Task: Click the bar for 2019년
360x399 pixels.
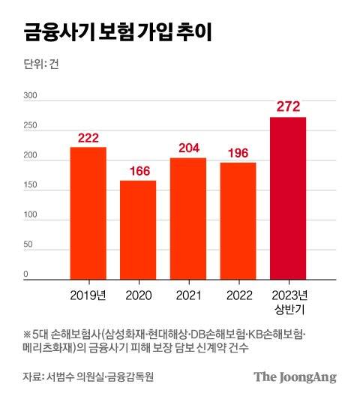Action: [88, 213]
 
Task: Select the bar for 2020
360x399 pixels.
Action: [138, 229]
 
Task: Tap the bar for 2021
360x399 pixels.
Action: [187, 218]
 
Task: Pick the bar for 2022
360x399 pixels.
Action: [238, 220]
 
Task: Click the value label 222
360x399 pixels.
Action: [88, 136]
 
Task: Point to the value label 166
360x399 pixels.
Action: [138, 170]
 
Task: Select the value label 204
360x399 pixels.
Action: [187, 148]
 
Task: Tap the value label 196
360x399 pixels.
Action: [238, 152]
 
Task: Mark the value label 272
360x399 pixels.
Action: [288, 106]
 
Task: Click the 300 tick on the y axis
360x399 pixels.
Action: [31, 97]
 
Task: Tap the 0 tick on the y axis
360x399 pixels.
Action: [25, 274]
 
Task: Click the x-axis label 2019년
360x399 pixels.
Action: [88, 295]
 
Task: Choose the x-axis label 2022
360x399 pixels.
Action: [238, 295]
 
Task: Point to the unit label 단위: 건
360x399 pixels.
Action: [41, 64]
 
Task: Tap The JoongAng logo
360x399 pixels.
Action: [294, 376]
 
